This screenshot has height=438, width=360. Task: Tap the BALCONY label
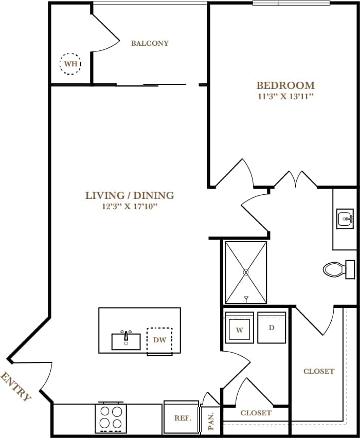click(x=150, y=43)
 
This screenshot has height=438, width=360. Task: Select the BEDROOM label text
click(x=285, y=85)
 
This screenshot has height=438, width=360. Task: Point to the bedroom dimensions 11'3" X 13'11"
click(x=285, y=97)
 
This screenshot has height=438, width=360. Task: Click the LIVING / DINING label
click(x=130, y=195)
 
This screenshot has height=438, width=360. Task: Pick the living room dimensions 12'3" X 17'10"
click(x=130, y=207)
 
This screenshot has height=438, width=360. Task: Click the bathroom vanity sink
click(x=345, y=220)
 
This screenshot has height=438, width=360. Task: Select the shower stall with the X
click(x=246, y=272)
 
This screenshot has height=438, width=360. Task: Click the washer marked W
click(x=239, y=327)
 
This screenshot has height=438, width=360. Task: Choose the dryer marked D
click(x=271, y=326)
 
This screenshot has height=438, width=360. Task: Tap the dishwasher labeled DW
click(x=159, y=340)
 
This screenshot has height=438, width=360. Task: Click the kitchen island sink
click(x=126, y=341)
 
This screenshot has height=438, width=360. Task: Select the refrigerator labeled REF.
click(x=182, y=417)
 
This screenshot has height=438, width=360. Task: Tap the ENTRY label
click(x=16, y=387)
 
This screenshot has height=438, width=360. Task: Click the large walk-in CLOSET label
click(x=319, y=371)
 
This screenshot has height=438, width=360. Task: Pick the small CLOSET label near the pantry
click(x=256, y=413)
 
